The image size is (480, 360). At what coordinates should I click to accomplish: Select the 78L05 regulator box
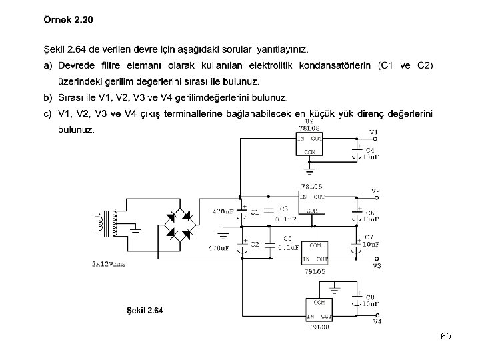coord(311,203)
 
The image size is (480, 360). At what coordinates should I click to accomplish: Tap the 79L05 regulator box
coord(315,252)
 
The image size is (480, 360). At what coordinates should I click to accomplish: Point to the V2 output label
coord(375,191)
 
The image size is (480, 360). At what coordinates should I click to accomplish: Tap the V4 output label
coord(377,321)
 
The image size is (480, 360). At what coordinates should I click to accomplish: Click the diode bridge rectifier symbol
coord(179,225)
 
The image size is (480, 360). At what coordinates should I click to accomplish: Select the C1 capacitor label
coord(254,213)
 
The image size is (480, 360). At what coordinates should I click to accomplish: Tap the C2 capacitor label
coord(254,245)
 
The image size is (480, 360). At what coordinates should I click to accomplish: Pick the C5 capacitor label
coord(287,238)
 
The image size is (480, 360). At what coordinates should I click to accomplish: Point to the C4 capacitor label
coord(369,151)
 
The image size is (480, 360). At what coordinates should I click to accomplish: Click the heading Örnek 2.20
coord(68,19)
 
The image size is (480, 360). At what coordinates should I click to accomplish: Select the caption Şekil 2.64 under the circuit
coord(145,310)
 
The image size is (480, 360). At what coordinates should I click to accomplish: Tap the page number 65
coord(445,337)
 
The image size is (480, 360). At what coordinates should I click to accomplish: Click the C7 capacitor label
coord(369,237)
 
